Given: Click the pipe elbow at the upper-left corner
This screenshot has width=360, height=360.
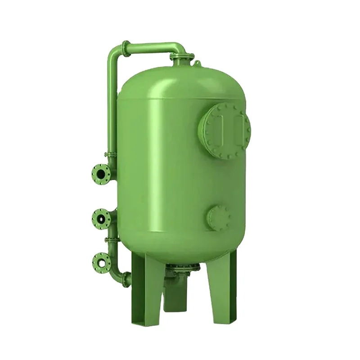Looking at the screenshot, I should pos(118,49).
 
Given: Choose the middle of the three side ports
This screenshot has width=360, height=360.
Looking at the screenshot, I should pos(100,219).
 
